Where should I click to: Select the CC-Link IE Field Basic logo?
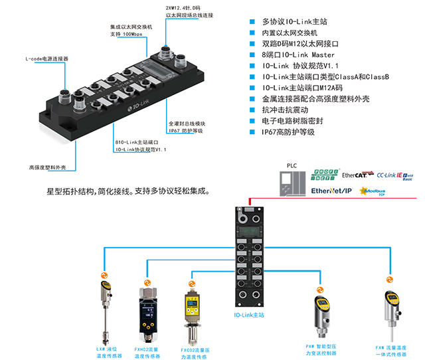coord(398,175)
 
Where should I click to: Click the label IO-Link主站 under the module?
coord(249,315)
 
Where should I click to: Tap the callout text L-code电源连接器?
coord(46,58)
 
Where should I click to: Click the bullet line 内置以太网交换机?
coord(290,32)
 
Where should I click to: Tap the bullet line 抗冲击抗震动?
coord(286,110)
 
